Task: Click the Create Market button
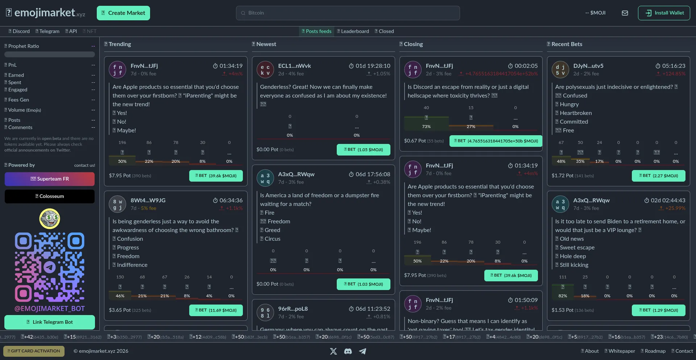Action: pyautogui.click(x=123, y=13)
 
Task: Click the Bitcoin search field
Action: pyautogui.click(x=348, y=13)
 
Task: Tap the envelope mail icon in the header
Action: pyautogui.click(x=625, y=13)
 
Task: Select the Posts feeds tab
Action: pyautogui.click(x=316, y=31)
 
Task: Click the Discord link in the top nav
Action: pyautogui.click(x=19, y=31)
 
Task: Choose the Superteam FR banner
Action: pyautogui.click(x=50, y=179)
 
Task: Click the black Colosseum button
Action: pyautogui.click(x=50, y=196)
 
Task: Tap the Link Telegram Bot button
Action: pyautogui.click(x=50, y=322)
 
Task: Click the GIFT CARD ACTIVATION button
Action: pyautogui.click(x=34, y=351)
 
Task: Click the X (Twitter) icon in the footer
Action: pyautogui.click(x=333, y=351)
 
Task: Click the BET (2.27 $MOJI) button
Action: pyautogui.click(x=658, y=176)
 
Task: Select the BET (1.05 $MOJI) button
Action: pyautogui.click(x=363, y=150)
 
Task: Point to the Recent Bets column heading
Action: pyautogui.click(x=567, y=44)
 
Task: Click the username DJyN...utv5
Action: pyautogui.click(x=588, y=66)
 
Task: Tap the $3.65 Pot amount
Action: pyautogui.click(x=120, y=310)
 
